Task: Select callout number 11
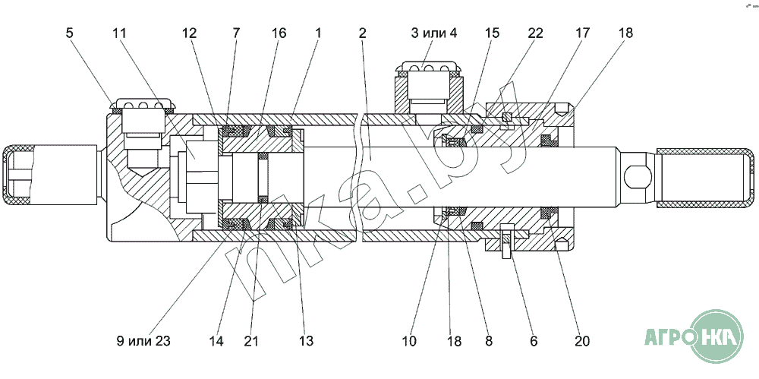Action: coord(120,33)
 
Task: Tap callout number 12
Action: coord(189,33)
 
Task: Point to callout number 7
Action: coord(236,33)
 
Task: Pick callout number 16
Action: coord(279,33)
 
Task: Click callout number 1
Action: coord(318,33)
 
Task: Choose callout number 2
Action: coord(363,33)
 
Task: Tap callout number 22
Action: coord(535,33)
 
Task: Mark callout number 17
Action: coord(583,33)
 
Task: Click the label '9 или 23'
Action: coord(143,342)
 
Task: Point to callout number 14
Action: coord(216,342)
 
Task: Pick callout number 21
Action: coord(251,342)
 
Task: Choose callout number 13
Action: coord(305,342)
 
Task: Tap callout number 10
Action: coord(409,342)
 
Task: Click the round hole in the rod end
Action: coord(636,178)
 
